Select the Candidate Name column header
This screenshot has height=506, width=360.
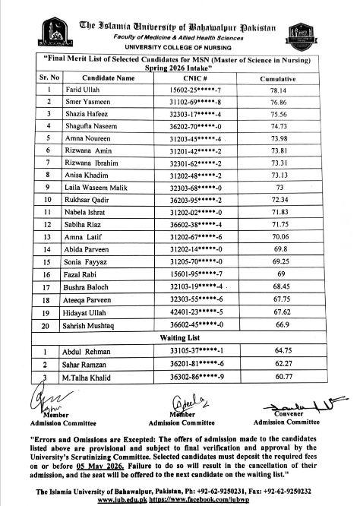[x=109, y=77]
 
